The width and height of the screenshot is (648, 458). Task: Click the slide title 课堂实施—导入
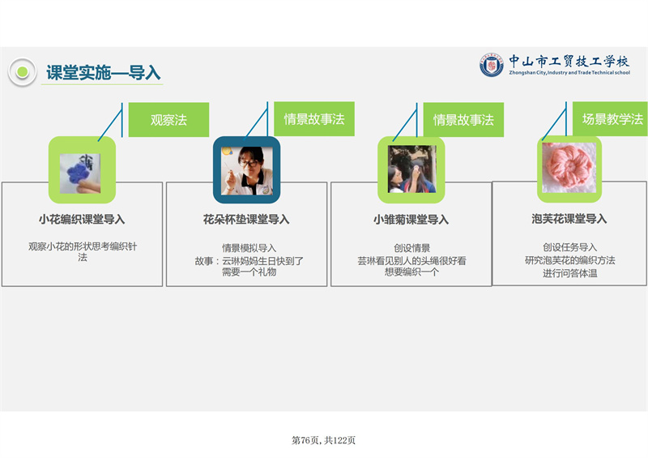tap(104, 73)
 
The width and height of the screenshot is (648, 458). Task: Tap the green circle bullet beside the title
tap(23, 72)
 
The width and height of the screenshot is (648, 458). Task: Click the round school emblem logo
tap(492, 65)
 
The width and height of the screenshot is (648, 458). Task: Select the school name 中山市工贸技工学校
tap(569, 62)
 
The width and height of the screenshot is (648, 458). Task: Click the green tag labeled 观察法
tap(168, 120)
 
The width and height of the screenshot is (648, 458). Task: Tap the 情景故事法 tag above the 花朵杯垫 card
tap(314, 118)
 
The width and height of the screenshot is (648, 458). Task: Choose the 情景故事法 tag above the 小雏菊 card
tap(463, 120)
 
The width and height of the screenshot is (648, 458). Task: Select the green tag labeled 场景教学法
tap(610, 118)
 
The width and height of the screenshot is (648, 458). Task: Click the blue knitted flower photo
tap(80, 173)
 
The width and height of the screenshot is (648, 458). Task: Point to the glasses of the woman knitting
tap(249, 163)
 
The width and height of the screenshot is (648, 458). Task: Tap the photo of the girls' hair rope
tap(411, 169)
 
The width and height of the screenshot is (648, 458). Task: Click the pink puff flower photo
tap(569, 168)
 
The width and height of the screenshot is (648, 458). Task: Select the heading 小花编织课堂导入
tap(82, 220)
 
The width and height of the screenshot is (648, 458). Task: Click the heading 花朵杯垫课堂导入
tap(246, 220)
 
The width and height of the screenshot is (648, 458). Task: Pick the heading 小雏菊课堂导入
tap(411, 220)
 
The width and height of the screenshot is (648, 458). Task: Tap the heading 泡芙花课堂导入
tap(569, 219)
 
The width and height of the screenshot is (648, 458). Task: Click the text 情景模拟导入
tap(249, 248)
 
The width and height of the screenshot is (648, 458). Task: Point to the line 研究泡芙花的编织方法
tap(570, 260)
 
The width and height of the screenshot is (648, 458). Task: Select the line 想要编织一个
tap(411, 272)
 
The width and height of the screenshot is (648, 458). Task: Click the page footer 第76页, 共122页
tap(323, 440)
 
